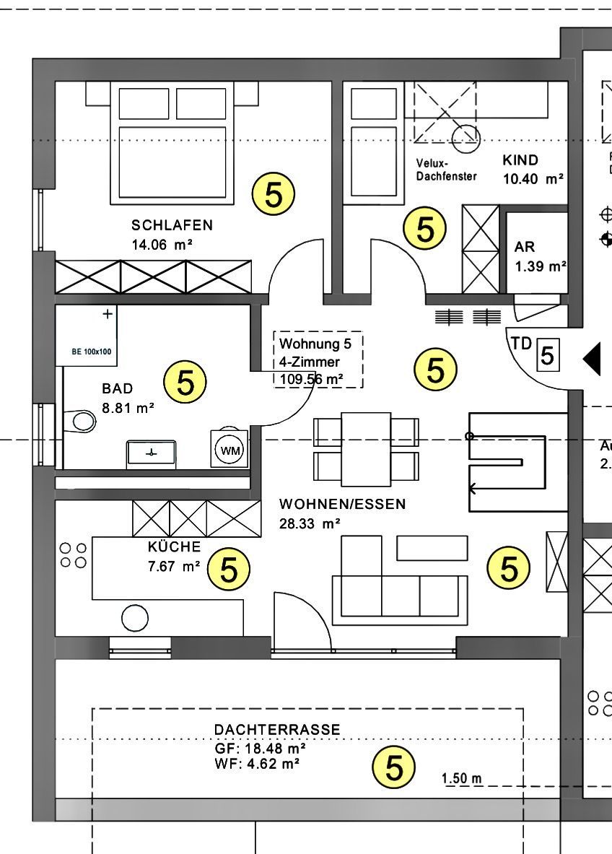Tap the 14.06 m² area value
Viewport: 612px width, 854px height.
pos(162,245)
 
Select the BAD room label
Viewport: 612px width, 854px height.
pos(118,389)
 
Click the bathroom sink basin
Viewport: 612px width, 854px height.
pos(151,452)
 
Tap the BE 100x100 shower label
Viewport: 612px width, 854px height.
pos(91,352)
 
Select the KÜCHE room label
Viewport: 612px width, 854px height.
pos(174,547)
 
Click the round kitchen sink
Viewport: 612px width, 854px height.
pos(135,617)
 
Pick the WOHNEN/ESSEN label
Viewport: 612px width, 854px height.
pos(342,504)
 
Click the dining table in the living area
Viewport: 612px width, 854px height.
pos(366,449)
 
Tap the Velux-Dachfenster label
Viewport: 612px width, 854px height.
pos(446,170)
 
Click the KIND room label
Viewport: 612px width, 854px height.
pos(520,160)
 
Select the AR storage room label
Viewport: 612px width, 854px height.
pos(525,247)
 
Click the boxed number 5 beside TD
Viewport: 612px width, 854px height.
pos(547,356)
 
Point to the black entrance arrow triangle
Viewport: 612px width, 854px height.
pos(593,359)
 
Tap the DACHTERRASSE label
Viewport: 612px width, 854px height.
pos(276,730)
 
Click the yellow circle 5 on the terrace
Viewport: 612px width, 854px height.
pos(394,767)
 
